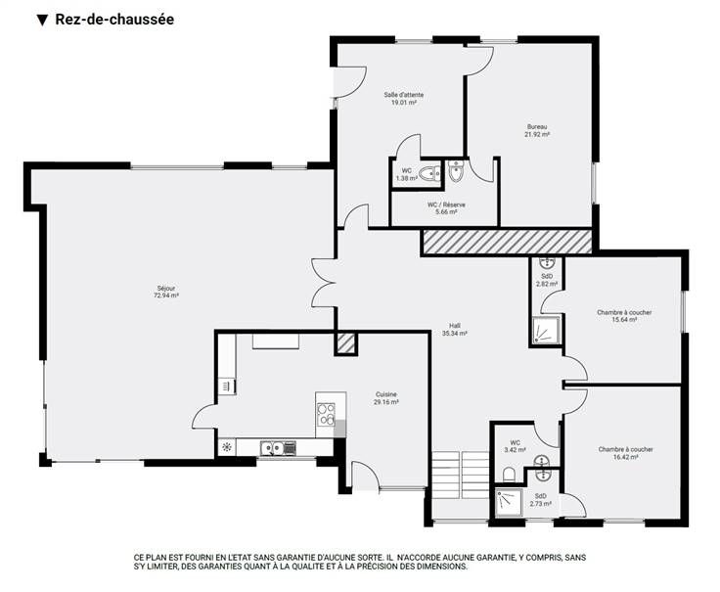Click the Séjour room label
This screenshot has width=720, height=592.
click(x=166, y=293)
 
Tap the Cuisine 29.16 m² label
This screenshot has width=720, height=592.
click(x=385, y=398)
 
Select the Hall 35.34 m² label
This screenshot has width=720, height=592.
click(x=455, y=330)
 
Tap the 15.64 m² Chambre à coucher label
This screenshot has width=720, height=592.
click(x=624, y=316)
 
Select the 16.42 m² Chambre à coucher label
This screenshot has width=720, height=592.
click(x=625, y=453)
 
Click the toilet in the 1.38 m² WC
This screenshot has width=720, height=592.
click(x=428, y=174)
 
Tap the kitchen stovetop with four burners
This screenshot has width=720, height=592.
click(x=326, y=414)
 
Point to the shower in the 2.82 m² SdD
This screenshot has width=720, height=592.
click(x=546, y=330)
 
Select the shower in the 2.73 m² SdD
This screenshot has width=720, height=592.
click(x=509, y=503)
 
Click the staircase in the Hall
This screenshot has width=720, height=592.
click(x=461, y=475)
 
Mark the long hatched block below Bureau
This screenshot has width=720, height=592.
click(x=507, y=242)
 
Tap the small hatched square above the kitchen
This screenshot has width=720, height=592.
click(x=345, y=343)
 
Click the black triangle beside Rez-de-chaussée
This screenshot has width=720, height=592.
click(x=42, y=21)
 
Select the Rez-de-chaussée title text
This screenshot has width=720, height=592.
click(x=114, y=20)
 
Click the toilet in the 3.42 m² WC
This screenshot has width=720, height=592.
click(x=509, y=474)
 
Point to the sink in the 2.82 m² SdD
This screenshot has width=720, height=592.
click(x=547, y=263)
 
